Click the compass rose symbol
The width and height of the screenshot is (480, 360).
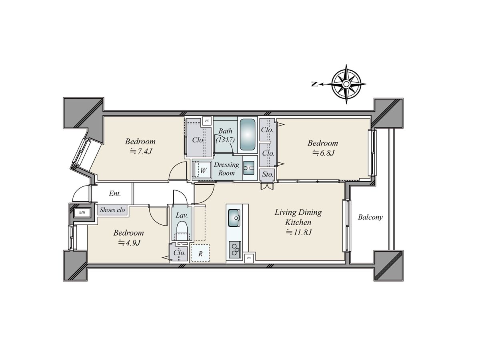(346, 84)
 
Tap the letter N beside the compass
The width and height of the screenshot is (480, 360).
(314, 84)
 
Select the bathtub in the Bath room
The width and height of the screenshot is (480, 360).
(248, 134)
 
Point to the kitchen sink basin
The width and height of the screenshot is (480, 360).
(234, 218)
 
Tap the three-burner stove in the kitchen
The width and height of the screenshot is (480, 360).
(235, 250)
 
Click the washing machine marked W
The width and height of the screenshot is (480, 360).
(203, 170)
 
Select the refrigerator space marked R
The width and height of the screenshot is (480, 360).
(200, 253)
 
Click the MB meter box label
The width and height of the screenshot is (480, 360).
(82, 212)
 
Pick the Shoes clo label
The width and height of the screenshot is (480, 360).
(112, 210)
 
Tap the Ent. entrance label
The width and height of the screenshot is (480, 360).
(115, 194)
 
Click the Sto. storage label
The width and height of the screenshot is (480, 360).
(268, 174)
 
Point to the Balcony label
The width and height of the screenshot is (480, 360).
(370, 217)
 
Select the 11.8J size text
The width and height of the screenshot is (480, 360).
(299, 232)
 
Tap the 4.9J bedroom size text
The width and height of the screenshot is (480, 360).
(129, 243)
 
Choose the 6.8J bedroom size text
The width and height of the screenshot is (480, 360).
(324, 153)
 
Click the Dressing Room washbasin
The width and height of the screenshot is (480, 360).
(249, 168)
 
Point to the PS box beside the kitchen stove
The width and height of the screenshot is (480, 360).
(249, 258)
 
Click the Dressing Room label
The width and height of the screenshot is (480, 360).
(226, 169)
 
